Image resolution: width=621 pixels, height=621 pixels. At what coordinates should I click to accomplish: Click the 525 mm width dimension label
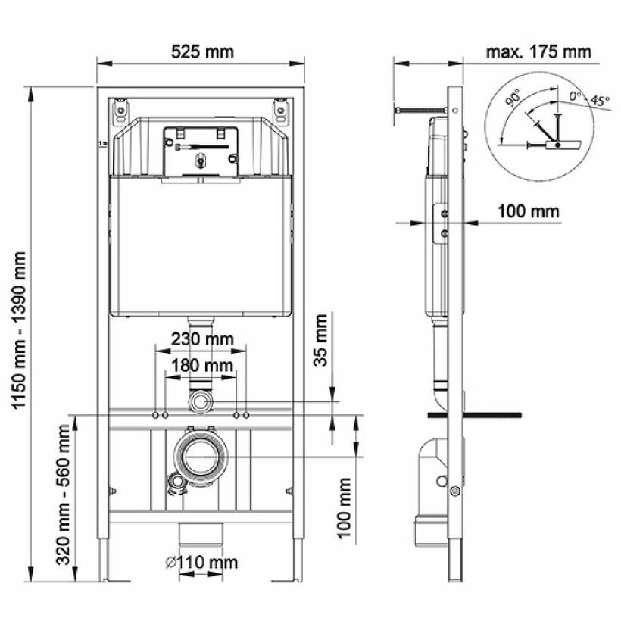point(202,51)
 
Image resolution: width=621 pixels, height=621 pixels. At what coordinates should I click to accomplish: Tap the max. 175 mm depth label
point(538,51)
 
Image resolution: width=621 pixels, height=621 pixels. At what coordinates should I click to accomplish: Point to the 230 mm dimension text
point(201,339)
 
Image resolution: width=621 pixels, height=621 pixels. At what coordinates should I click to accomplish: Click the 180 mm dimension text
point(201,366)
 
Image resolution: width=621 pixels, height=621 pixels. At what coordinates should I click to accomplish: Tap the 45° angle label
point(601,99)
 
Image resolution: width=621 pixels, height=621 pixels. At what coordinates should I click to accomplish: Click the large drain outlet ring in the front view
point(200,457)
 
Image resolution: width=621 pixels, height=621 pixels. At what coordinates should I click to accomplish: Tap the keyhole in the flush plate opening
point(201,160)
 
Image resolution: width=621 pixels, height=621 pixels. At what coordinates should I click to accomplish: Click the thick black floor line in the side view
point(475,414)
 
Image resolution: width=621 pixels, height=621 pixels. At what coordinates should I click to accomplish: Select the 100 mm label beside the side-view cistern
point(529,211)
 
